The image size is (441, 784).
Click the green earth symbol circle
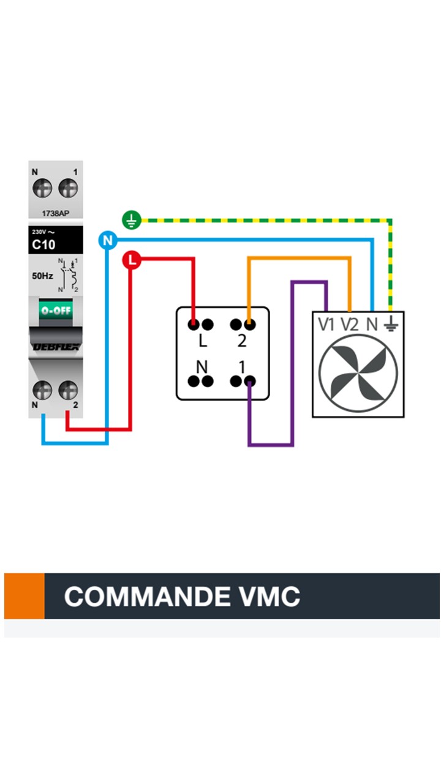pos(132,219)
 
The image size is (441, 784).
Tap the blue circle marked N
pos(108,240)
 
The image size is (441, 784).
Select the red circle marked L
pos(132,260)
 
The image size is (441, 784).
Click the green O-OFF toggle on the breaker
pos(56,310)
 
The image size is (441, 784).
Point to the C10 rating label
pos(43,246)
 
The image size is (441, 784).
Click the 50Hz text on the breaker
pos(43,276)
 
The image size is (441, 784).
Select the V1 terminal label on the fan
pos(326,325)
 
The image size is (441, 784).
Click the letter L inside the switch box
pos(203,341)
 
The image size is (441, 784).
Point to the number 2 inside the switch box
pos(242,341)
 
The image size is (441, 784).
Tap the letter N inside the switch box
pos(202,367)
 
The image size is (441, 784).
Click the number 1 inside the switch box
pos(242,367)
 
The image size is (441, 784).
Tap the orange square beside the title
pos(24,596)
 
